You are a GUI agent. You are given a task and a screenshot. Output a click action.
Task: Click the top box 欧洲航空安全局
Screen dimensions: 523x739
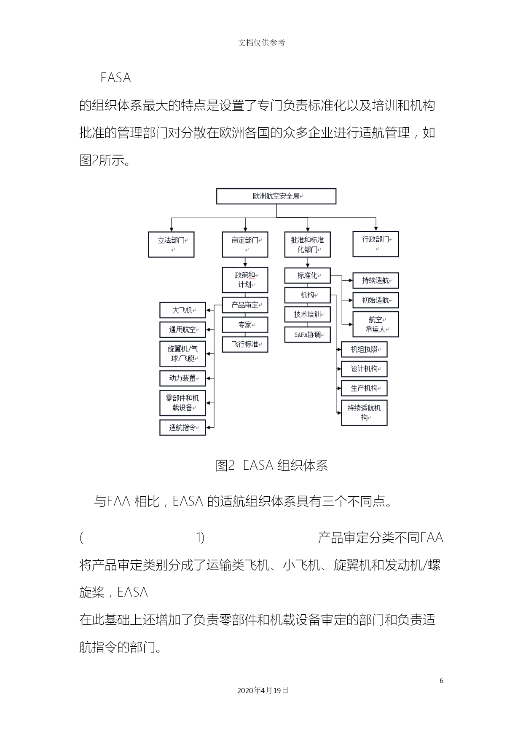(276, 196)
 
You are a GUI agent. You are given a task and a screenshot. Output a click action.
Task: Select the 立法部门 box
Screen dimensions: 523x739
(171, 244)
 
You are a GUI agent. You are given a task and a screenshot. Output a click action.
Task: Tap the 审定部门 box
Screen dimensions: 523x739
(245, 244)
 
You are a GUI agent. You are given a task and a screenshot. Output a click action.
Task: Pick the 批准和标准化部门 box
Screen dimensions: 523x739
(307, 244)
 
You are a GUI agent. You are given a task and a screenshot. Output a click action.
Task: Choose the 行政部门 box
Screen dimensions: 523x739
(375, 244)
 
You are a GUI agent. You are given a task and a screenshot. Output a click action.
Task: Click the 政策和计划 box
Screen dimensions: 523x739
(245, 280)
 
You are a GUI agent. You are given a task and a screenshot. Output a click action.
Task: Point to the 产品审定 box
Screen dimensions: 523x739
(245, 305)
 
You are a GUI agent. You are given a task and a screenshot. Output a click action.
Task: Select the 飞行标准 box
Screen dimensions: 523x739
(245, 344)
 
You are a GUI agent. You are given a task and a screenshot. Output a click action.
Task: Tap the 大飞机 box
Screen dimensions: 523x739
(182, 310)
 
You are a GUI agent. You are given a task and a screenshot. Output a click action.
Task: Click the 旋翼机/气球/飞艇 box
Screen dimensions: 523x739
(182, 353)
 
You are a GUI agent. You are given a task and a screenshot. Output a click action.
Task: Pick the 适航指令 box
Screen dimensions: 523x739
(182, 427)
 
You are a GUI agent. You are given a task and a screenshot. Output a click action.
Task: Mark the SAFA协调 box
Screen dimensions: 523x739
(307, 335)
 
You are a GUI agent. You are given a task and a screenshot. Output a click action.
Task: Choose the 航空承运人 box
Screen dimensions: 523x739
(375, 324)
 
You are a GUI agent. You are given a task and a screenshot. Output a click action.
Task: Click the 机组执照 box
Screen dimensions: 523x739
(364, 349)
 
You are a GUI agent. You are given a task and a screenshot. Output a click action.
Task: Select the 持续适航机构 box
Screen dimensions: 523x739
(364, 412)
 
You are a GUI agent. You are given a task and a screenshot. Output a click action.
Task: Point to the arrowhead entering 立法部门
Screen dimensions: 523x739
(171, 229)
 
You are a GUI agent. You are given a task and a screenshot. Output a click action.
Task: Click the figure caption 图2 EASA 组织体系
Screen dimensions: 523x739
(271, 466)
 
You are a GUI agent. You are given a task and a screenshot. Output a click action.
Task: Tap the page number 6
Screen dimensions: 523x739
(441, 680)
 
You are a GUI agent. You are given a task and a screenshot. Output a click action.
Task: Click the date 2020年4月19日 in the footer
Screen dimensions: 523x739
(263, 691)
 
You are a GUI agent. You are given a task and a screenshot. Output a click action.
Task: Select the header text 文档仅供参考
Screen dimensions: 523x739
(261, 43)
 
